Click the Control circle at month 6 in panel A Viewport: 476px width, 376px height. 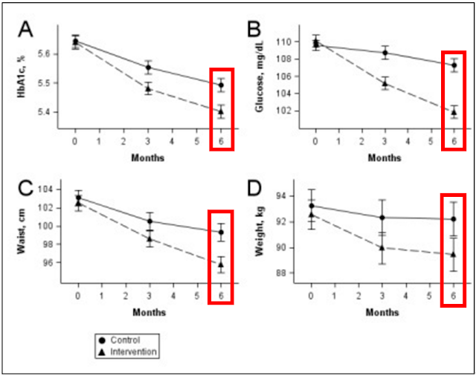pos(221,85)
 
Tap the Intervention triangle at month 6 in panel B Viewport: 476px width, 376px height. pos(454,112)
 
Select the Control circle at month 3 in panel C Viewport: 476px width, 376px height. pos(149,221)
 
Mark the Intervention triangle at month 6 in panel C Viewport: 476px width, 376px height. pos(221,265)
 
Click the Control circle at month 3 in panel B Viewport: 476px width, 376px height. pos(384,53)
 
